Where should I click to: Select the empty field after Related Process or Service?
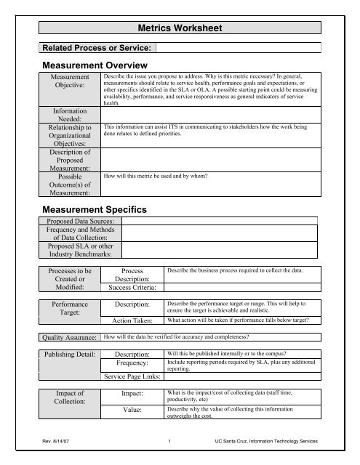[x=240, y=48]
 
